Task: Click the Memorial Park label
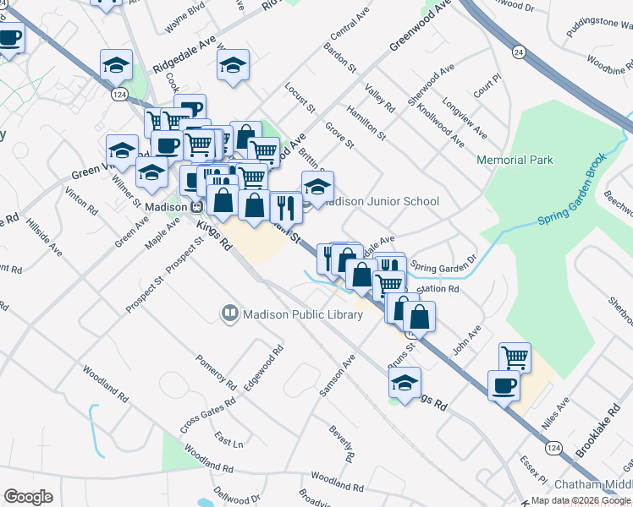click(515, 160)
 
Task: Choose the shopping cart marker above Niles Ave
click(515, 357)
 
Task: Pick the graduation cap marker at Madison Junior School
click(317, 187)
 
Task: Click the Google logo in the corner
click(28, 497)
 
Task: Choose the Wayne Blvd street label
click(185, 18)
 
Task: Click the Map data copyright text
click(581, 500)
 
